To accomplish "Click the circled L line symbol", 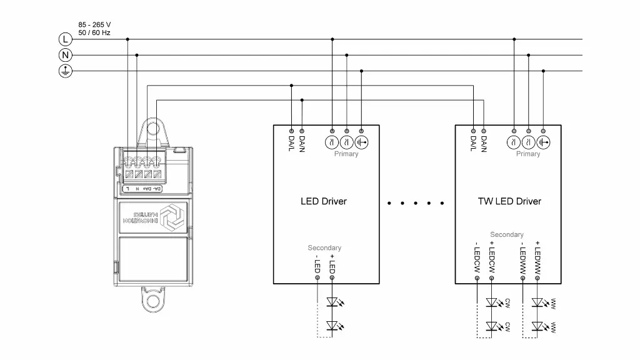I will click(x=65, y=39).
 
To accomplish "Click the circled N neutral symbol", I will click(x=65, y=55).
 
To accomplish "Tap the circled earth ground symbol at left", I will click(x=65, y=71).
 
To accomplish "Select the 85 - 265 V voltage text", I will click(x=94, y=25).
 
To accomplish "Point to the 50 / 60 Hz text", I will click(x=94, y=32).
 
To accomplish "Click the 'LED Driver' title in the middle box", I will click(x=323, y=201).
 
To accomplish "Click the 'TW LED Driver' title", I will click(x=509, y=201).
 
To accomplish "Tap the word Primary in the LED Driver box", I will click(x=346, y=154).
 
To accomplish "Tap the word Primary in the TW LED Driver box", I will click(x=528, y=154).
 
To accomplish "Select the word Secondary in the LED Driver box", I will click(x=324, y=248).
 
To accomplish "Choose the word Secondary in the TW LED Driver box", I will click(x=507, y=234).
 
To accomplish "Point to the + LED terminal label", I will click(x=332, y=264).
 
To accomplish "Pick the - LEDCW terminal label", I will click(x=477, y=257).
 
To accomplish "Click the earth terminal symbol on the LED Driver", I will click(x=362, y=142).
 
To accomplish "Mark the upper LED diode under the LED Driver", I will click(x=332, y=302).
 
